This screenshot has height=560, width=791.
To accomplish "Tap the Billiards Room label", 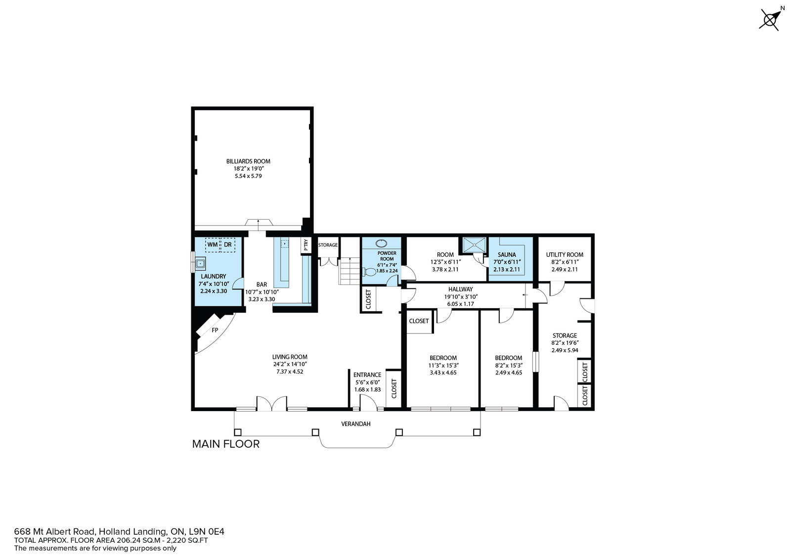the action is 248,161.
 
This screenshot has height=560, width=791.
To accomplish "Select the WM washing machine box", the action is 212,244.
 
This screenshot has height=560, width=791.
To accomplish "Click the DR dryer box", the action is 228,244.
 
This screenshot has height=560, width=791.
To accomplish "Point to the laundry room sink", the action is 200,263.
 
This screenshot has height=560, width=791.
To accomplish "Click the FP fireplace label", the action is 215,330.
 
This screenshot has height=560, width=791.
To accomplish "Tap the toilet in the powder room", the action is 370,272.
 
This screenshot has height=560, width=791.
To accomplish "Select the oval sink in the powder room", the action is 381,243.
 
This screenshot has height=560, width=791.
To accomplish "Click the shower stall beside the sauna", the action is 475,245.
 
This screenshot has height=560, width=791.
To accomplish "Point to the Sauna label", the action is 507,254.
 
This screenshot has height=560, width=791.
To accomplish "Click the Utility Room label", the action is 565,254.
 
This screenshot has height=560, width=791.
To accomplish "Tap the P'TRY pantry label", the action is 306,245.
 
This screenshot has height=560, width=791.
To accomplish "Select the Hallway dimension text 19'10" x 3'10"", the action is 461,297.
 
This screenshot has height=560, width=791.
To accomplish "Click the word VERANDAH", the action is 356,423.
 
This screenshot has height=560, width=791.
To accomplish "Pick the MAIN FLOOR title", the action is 225,444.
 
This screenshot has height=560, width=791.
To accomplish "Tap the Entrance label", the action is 367,375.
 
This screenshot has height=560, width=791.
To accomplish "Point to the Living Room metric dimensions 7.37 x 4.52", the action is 290,372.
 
